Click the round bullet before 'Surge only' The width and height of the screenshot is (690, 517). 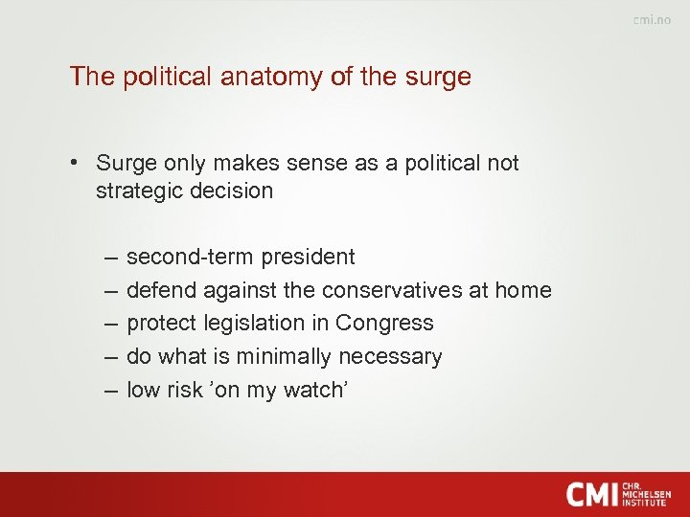coord(74,163)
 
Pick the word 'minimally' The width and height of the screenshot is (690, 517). coord(282,357)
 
